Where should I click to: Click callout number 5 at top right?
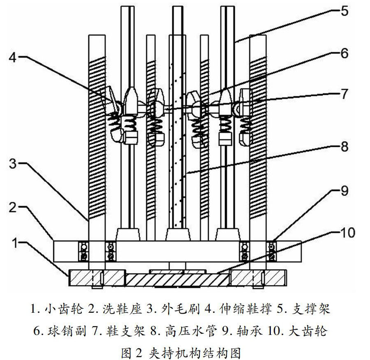point(344,11)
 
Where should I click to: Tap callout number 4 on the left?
point(13,57)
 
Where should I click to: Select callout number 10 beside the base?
point(347,233)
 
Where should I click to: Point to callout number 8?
point(345,146)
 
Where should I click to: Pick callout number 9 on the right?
point(345,191)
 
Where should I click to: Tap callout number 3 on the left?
point(13,164)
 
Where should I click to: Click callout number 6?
point(345,53)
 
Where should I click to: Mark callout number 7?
point(345,94)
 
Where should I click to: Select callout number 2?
point(13,208)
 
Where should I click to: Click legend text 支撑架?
point(311,309)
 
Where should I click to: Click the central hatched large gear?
point(177,279)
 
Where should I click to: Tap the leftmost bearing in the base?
point(84,251)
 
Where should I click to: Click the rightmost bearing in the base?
point(272,251)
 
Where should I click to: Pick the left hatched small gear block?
point(97,278)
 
